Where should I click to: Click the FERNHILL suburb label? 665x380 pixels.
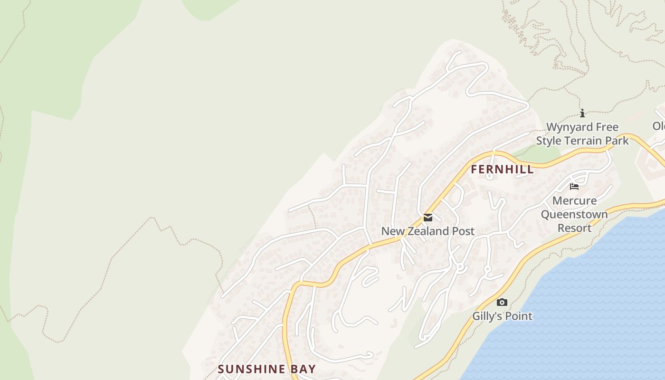click(x=502, y=170)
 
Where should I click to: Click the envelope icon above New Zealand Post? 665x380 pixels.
click(x=428, y=218)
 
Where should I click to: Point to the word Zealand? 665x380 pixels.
click(x=428, y=231)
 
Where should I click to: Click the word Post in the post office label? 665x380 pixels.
click(x=463, y=231)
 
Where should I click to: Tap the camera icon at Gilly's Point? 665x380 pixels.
click(x=502, y=302)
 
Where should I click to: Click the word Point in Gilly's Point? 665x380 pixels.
click(x=519, y=316)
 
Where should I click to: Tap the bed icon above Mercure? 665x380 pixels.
click(x=574, y=186)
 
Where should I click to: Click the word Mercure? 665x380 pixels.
click(x=574, y=200)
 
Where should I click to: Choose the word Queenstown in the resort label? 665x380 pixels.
click(x=574, y=214)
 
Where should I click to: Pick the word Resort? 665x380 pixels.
click(x=574, y=228)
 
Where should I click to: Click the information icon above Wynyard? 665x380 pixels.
click(x=582, y=113)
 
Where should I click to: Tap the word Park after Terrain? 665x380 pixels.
click(x=617, y=141)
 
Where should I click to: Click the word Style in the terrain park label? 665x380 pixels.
click(x=549, y=141)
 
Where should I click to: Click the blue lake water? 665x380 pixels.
click(x=594, y=309)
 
